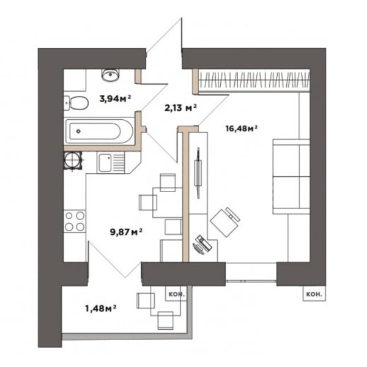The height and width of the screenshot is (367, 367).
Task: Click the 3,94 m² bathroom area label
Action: coord(115,99)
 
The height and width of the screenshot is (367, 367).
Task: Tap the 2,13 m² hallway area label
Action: coord(180,108)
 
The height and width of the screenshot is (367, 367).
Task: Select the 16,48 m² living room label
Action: coord(242,128)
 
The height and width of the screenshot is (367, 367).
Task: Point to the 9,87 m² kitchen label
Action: coord(126,232)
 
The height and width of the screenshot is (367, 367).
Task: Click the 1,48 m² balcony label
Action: coord(101,308)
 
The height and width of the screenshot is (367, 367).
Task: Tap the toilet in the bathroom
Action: coord(76,103)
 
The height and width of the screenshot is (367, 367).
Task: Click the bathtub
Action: coord(100,131)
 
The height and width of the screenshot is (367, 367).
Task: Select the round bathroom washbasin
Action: coord(111,75)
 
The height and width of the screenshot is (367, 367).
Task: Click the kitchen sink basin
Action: coord(105,163)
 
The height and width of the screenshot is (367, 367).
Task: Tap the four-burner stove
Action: coord(75,221)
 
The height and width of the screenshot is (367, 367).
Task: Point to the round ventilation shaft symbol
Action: coord(73,160)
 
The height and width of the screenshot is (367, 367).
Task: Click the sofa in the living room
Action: coord(291,177)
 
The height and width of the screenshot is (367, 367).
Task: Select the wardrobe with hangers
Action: coord(254,80)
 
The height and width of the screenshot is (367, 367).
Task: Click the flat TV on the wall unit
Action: coord(198,173)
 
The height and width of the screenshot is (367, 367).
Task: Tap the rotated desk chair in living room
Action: coord(225,222)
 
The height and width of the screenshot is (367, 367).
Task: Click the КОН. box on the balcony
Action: coord(177,294)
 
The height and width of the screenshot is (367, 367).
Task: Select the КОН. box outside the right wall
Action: coord(314,294)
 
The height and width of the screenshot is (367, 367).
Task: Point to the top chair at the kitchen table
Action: coord(168,182)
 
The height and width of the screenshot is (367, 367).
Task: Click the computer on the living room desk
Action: coord(202,245)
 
